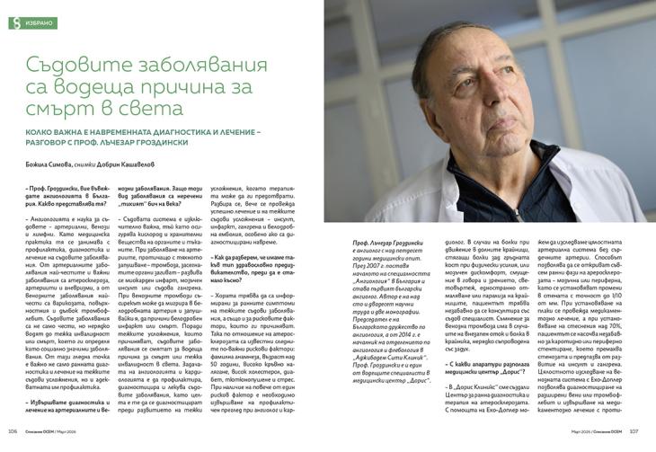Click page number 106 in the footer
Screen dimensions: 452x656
click(x=13, y=443)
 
